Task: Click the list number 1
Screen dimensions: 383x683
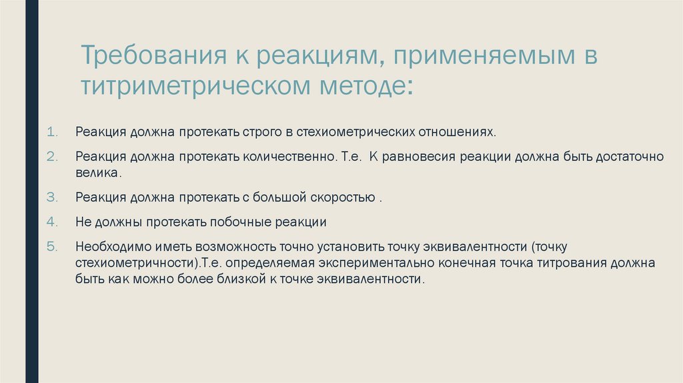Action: pos(55,131)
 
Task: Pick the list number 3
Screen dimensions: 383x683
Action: pos(55,198)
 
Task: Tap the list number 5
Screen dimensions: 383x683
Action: pos(55,246)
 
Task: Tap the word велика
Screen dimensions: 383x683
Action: pos(99,173)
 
